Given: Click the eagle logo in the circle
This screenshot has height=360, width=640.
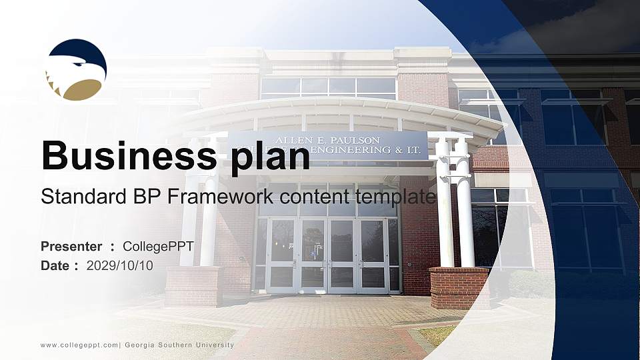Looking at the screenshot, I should coord(75,69).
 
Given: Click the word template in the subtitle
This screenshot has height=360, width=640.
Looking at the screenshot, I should coord(396,197).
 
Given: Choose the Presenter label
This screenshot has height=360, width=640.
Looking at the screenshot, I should coord(71,247).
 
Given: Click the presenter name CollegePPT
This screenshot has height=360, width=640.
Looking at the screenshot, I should coord(158,247).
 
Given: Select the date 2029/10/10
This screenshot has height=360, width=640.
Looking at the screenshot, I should coord(120,265).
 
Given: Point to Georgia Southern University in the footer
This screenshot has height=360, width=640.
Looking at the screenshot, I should coord(179,345).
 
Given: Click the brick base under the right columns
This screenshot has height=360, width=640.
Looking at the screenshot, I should coord(459,287).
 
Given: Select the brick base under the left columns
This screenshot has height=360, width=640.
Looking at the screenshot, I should coord(193,285).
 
